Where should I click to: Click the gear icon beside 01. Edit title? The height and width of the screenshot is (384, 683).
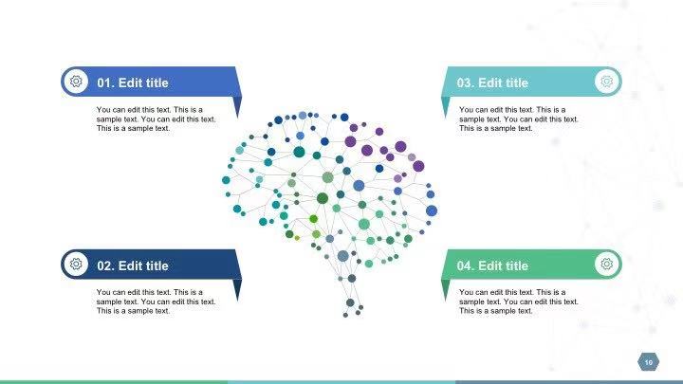tap(76, 82)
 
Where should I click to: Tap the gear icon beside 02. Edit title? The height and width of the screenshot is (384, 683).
tap(76, 264)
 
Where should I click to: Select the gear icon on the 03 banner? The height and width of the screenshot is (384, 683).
tap(607, 82)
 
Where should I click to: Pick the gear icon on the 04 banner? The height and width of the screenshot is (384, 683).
tap(607, 264)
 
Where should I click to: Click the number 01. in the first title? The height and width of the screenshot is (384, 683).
tap(106, 82)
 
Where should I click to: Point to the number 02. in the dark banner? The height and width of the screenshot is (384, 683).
tap(106, 265)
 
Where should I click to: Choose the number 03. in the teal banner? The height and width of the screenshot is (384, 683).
tap(466, 82)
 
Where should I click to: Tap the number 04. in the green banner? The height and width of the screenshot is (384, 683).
tap(466, 265)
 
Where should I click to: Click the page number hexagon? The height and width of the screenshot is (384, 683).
tap(649, 362)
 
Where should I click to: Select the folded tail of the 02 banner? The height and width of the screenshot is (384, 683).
tap(237, 288)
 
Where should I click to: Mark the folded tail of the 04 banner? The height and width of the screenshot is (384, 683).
tap(445, 288)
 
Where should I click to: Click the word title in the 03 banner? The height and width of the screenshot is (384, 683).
tap(517, 82)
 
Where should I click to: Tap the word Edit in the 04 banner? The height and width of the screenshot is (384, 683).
tap(490, 265)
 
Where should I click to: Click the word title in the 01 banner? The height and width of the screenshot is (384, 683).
tap(157, 82)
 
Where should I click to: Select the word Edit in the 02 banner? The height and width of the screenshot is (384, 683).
tap(130, 265)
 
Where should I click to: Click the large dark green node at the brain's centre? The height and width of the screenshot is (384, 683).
tap(323, 198)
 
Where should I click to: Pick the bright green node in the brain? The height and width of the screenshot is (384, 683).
tap(314, 219)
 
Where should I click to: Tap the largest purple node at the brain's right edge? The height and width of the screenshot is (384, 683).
tap(418, 166)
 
